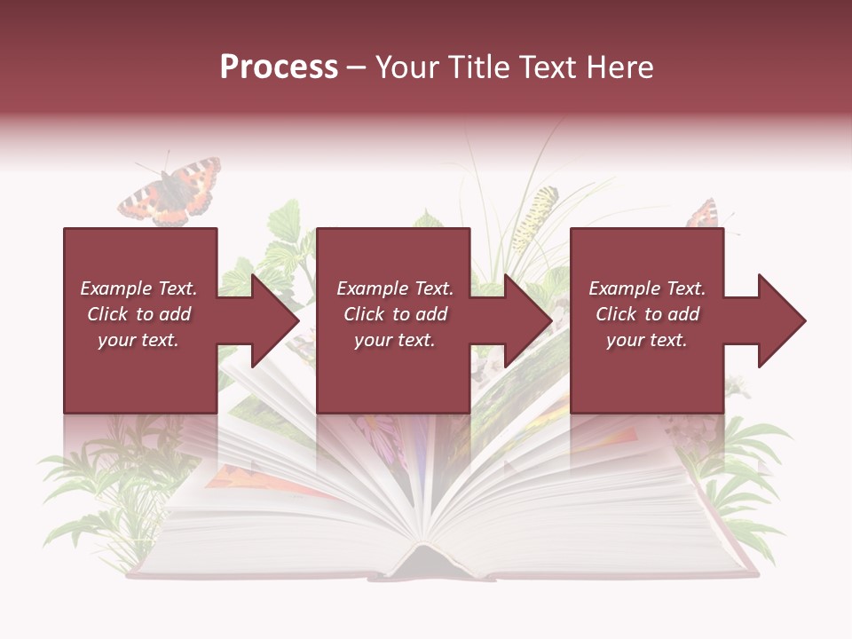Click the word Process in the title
279,67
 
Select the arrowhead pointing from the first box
275,320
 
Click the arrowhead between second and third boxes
528,320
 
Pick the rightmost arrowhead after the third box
781,320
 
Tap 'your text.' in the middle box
394,340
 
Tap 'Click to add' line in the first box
138,314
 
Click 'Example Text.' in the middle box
394,288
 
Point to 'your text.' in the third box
646,340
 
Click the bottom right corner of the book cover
754,572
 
